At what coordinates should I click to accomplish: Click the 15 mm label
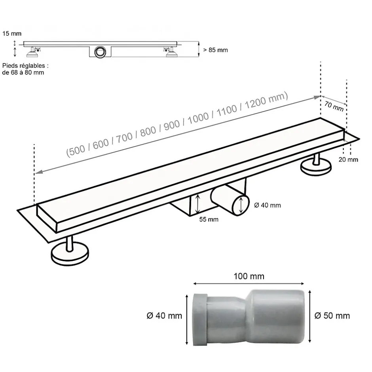tap(12, 34)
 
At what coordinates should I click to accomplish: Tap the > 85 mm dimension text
tap(215, 50)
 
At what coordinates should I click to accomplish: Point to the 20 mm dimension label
tap(348, 159)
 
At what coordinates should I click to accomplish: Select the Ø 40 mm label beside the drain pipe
tap(267, 205)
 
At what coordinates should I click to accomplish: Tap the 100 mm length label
tap(249, 276)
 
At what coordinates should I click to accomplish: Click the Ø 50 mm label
tap(332, 315)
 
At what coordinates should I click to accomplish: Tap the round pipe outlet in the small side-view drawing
tap(100, 51)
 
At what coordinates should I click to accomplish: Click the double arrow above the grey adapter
tap(248, 283)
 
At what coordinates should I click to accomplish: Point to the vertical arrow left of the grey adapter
tap(186, 315)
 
